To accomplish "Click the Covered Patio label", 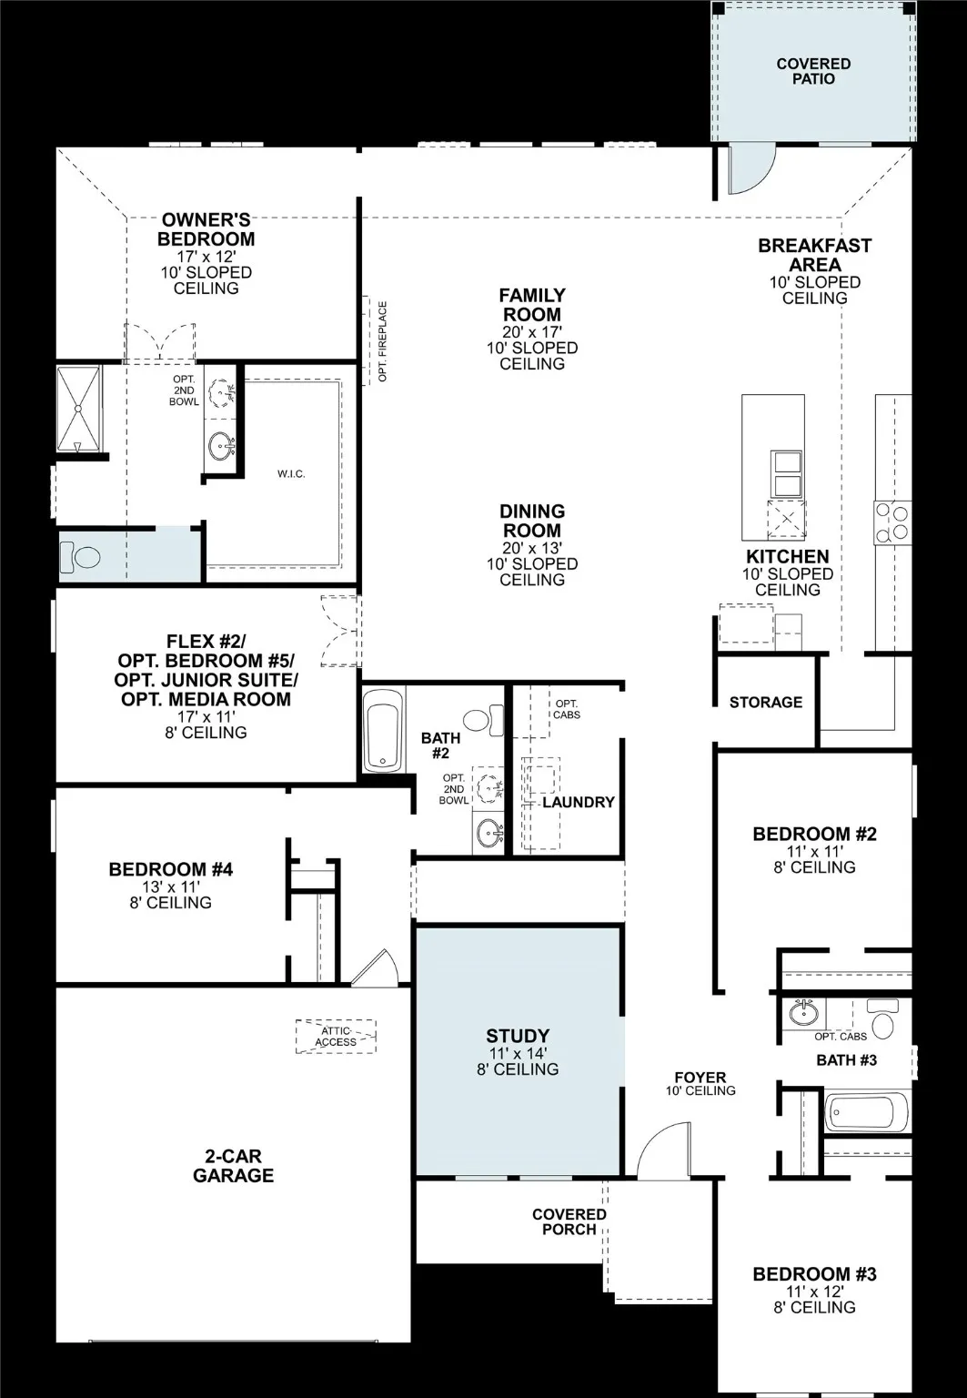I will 813,71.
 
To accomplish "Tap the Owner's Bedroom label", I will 206,229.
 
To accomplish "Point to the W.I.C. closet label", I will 291,474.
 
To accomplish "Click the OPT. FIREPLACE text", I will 382,341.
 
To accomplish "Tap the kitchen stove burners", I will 891,523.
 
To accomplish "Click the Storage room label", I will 766,702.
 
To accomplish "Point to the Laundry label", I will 579,802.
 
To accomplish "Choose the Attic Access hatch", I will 336,1036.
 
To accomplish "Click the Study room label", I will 518,1036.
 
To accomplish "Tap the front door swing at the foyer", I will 664,1151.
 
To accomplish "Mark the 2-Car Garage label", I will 233,1166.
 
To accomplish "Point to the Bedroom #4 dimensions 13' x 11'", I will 170,886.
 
